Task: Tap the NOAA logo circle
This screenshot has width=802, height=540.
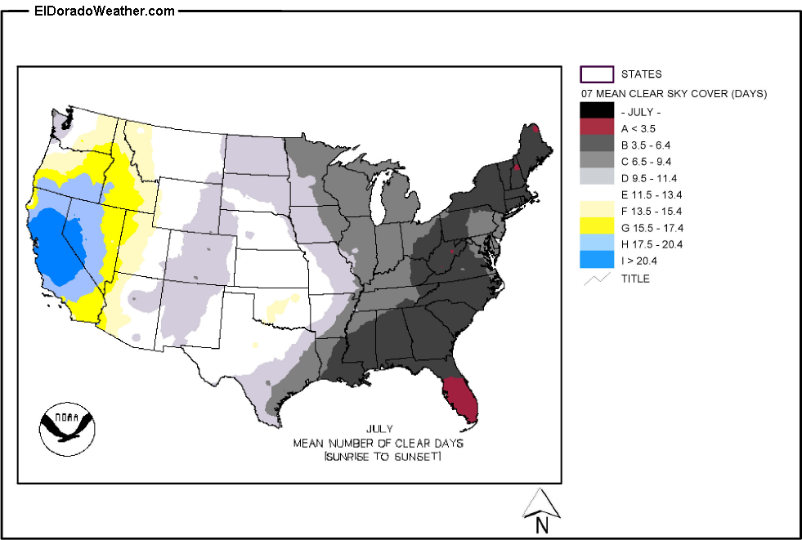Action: tap(67, 426)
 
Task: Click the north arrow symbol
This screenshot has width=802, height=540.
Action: tap(541, 506)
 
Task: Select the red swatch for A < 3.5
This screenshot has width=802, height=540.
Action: tap(596, 128)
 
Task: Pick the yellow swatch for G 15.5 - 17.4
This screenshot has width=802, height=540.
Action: tap(596, 226)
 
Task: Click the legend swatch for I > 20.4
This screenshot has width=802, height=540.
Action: tap(596, 260)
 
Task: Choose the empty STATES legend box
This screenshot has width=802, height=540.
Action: tap(596, 74)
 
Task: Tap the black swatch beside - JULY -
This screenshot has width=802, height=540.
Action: tap(596, 110)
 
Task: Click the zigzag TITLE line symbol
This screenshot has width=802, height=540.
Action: tap(596, 279)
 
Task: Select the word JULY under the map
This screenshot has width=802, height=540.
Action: tap(379, 429)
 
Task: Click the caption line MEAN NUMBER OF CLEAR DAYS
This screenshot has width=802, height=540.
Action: tap(379, 443)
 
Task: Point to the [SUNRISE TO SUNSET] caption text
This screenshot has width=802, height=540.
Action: tap(383, 456)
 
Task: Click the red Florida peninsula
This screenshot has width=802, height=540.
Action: tap(462, 400)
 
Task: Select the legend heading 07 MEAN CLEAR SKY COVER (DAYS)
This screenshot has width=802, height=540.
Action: tap(674, 93)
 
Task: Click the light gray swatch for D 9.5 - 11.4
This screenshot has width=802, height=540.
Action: tap(596, 177)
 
